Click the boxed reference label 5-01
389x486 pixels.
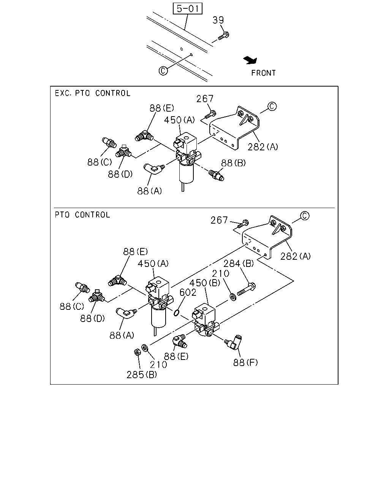pyautogui.click(x=187, y=9)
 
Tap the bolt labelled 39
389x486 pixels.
pyautogui.click(x=223, y=36)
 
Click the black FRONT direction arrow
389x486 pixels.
pyautogui.click(x=250, y=60)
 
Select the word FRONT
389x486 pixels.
pyautogui.click(x=263, y=73)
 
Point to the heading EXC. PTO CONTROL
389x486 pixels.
pyautogui.click(x=93, y=93)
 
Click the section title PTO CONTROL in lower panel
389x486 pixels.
pyautogui.click(x=82, y=215)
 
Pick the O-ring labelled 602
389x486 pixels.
pyautogui.click(x=176, y=313)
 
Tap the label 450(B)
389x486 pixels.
pyautogui.click(x=204, y=283)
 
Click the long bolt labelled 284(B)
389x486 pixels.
pyautogui.click(x=247, y=289)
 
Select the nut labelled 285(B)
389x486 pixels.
pyautogui.click(x=137, y=352)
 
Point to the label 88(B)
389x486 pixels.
pyautogui.click(x=233, y=163)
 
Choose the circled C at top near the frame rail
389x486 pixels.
pyautogui.click(x=163, y=71)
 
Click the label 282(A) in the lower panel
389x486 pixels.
pyautogui.click(x=296, y=256)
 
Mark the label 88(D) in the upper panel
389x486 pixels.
pyautogui.click(x=120, y=174)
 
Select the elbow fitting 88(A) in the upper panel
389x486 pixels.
pyautogui.click(x=154, y=169)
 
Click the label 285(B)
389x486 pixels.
pyautogui.click(x=142, y=375)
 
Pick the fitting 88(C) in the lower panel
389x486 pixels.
pyautogui.click(x=82, y=287)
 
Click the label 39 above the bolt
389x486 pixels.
pyautogui.click(x=218, y=20)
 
